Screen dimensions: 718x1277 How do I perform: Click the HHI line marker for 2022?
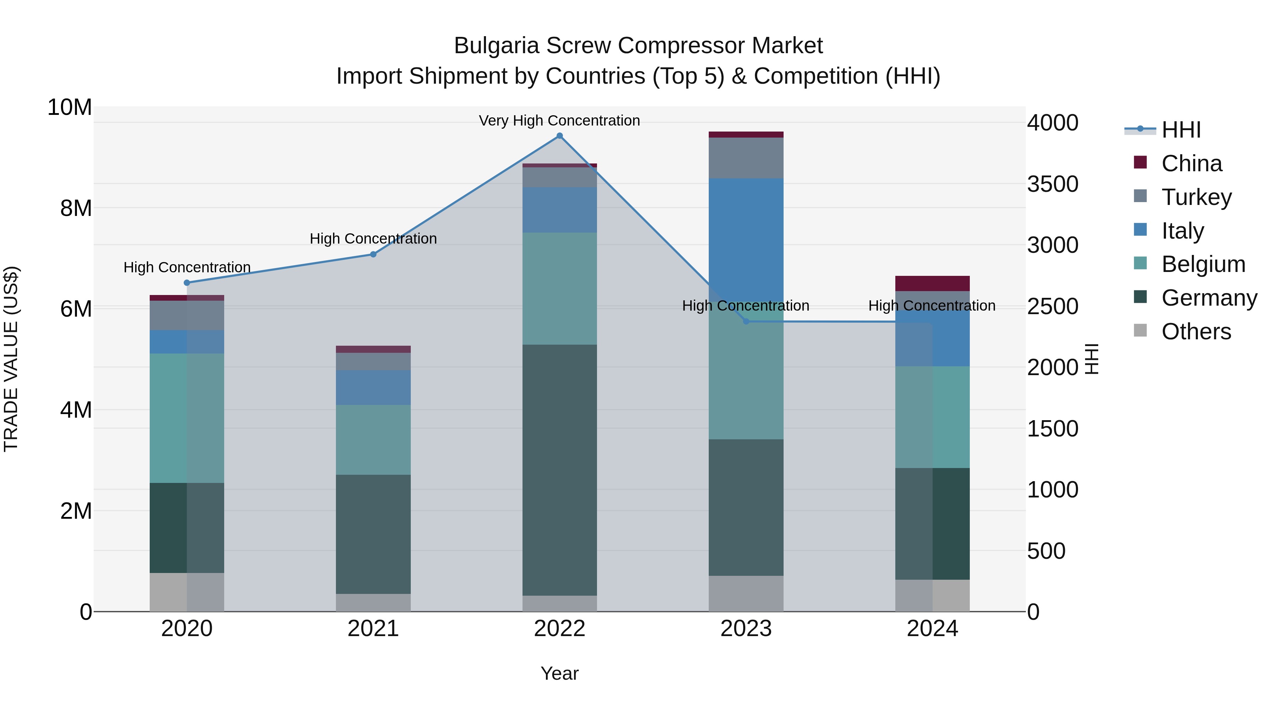[x=560, y=136]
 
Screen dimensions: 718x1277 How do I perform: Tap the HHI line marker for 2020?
[x=187, y=283]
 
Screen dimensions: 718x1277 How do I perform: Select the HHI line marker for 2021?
[x=373, y=254]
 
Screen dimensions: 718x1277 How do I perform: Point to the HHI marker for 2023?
[x=746, y=322]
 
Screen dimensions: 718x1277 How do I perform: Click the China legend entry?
[x=1191, y=163]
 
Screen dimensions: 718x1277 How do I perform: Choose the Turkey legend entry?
[x=1196, y=197]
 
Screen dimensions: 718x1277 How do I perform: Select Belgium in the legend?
[x=1203, y=264]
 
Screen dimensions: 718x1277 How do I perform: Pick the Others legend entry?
[x=1196, y=332]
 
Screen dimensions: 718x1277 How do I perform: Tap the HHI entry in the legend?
[x=1181, y=130]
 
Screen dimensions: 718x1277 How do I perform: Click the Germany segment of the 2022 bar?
[x=560, y=470]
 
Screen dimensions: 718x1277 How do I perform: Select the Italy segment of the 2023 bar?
[x=746, y=238]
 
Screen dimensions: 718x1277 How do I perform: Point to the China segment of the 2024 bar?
[x=933, y=283]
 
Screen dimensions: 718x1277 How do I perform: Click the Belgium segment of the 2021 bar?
[x=373, y=440]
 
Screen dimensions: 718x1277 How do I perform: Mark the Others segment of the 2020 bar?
[x=187, y=592]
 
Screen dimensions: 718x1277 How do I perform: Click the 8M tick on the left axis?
[x=76, y=208]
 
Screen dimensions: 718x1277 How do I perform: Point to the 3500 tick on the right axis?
[x=1052, y=184]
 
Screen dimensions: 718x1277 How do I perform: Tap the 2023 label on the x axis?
[x=746, y=629]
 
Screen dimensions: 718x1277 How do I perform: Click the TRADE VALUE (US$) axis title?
[x=11, y=359]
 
